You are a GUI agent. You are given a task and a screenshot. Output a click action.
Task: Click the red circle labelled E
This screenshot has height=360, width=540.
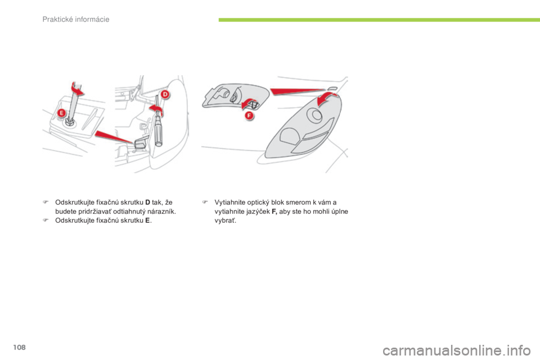[x=61, y=112]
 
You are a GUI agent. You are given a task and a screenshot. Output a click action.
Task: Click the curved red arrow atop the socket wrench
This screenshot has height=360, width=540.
[x=75, y=89]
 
